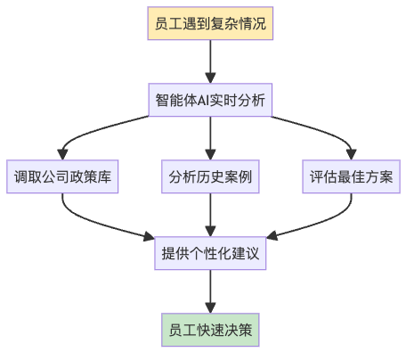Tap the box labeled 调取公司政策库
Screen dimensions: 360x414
(62, 176)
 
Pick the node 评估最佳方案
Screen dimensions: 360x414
(352, 176)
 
